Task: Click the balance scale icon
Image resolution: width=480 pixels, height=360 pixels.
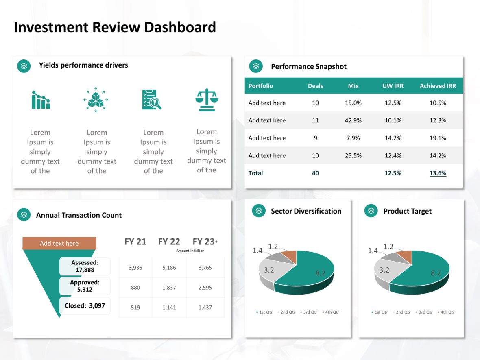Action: tap(207, 100)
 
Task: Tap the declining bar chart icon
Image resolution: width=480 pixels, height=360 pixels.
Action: tap(41, 100)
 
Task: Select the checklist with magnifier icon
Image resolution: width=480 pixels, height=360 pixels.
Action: tap(152, 100)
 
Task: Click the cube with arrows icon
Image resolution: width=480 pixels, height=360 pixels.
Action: tap(96, 100)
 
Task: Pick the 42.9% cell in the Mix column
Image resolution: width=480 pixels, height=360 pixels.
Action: tap(353, 120)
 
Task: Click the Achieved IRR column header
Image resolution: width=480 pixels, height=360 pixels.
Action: tap(438, 86)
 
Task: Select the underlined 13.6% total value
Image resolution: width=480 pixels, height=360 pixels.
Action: tap(438, 173)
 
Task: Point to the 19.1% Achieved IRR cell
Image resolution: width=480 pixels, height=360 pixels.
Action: tap(438, 138)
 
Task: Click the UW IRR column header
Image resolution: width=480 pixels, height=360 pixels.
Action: tap(393, 86)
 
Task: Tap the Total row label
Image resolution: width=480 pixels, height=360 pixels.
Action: tap(255, 173)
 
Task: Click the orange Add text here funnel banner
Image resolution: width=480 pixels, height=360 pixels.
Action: tap(59, 243)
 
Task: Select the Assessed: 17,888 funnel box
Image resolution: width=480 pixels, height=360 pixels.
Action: tap(85, 266)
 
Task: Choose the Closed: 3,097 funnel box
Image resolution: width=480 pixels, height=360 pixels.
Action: tap(85, 305)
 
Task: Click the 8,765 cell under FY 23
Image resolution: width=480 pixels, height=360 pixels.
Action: tap(205, 268)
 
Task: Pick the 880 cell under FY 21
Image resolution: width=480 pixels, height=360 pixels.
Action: tap(135, 288)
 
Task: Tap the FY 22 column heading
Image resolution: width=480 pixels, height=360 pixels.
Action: tap(169, 242)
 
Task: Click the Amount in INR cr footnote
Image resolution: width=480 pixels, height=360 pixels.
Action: tap(190, 251)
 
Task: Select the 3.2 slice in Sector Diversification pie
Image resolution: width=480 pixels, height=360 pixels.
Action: tap(269, 270)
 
